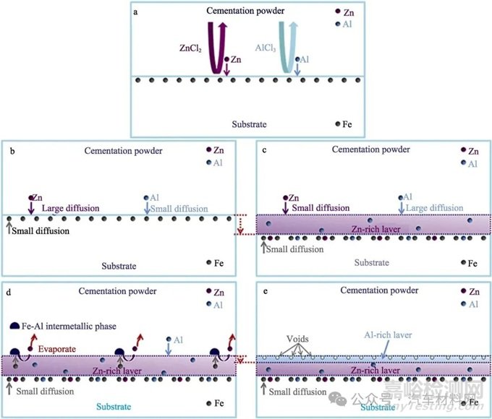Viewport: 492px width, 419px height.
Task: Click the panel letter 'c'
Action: [263, 150]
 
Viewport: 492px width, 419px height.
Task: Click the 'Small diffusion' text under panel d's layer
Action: [43, 391]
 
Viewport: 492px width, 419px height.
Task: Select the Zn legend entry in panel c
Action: [468, 152]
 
